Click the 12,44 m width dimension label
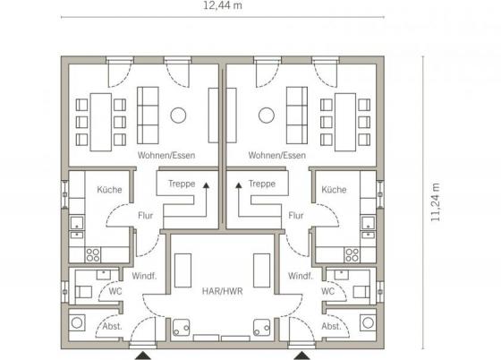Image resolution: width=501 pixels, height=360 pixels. click(x=223, y=5)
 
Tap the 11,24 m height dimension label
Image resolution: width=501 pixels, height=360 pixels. click(x=436, y=202)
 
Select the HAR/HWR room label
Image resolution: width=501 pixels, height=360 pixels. click(x=223, y=291)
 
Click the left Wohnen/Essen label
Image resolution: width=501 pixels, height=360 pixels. click(x=166, y=156)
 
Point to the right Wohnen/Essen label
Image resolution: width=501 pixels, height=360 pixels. click(x=277, y=156)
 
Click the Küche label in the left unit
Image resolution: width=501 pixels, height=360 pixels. click(x=109, y=190)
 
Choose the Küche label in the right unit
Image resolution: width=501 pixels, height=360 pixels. click(x=334, y=190)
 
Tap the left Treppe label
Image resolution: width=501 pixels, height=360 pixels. click(x=182, y=184)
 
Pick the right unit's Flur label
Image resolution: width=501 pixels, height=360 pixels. click(x=296, y=216)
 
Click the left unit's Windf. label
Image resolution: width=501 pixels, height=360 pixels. click(x=144, y=276)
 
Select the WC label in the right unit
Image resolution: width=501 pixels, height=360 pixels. click(x=327, y=291)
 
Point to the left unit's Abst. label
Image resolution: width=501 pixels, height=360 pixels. click(x=112, y=327)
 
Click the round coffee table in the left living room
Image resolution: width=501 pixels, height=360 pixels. click(x=178, y=116)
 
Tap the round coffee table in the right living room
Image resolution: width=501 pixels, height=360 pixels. click(x=267, y=116)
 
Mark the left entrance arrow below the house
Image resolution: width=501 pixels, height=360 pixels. click(x=143, y=356)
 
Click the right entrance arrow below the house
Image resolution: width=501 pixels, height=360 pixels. click(x=301, y=356)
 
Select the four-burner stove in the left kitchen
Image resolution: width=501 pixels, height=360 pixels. click(x=93, y=255)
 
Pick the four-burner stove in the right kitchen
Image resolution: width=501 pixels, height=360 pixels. click(x=352, y=255)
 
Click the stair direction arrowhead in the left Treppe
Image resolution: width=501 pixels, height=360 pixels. click(x=206, y=185)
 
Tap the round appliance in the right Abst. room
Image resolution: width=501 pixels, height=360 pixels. click(x=368, y=322)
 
